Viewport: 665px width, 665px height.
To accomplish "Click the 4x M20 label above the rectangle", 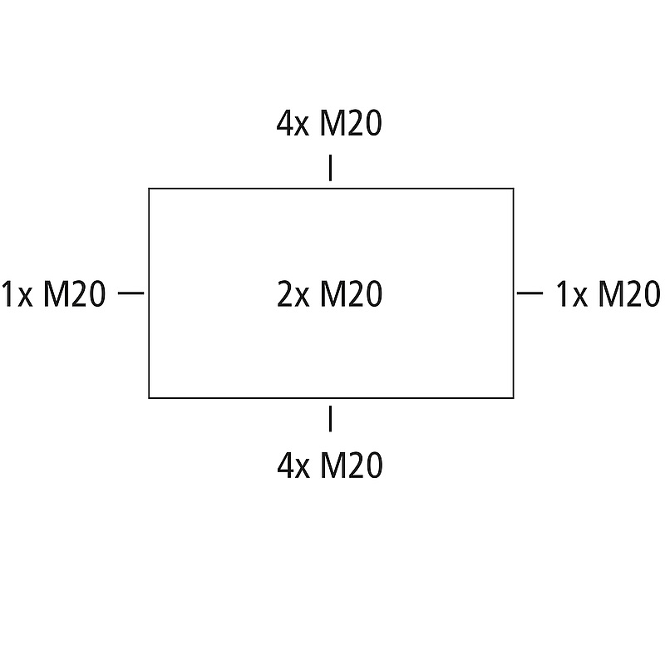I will tap(329, 125).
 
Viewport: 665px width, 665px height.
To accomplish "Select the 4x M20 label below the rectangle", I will tap(329, 466).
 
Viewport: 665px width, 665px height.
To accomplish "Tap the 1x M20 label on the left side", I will tap(53, 294).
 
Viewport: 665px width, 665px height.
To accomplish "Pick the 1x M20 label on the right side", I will tap(608, 294).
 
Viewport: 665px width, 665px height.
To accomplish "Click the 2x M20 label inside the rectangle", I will tap(329, 294).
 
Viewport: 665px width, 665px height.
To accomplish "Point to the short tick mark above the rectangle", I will tap(330, 168).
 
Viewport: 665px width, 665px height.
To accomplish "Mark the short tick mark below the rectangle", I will tap(330, 419).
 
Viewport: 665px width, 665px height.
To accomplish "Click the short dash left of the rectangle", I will tap(131, 293).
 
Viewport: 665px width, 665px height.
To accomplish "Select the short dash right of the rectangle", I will tap(530, 293).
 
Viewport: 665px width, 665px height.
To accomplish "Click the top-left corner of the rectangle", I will tap(150, 190).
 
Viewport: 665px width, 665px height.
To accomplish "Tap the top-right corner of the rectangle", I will tap(512, 190).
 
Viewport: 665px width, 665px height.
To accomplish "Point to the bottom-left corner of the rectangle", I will tap(150, 397).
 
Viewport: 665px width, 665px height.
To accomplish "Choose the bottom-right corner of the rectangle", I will tap(512, 397).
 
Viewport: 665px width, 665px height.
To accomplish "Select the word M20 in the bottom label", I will tap(351, 466).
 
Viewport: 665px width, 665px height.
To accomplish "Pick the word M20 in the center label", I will tap(351, 294).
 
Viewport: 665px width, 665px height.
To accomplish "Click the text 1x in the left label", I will tap(17, 294).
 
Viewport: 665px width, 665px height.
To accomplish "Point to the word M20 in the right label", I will tap(629, 294).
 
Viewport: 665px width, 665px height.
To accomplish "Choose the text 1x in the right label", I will tap(570, 294).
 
